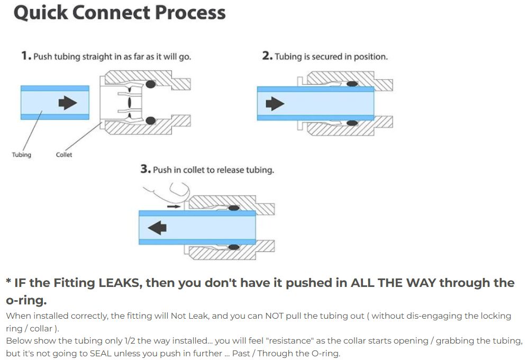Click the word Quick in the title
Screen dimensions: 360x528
point(41,13)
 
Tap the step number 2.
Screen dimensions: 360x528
point(267,56)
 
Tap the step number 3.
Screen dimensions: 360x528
point(145,169)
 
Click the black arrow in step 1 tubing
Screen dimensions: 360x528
point(67,102)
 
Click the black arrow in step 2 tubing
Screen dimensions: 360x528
point(275,103)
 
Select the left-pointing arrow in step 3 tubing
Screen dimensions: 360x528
point(157,228)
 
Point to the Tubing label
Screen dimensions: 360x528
point(21,155)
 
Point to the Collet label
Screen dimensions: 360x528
point(64,155)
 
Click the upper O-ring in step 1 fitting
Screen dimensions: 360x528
point(151,84)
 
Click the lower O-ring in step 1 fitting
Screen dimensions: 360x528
point(151,121)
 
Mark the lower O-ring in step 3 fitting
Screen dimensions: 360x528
point(233,246)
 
